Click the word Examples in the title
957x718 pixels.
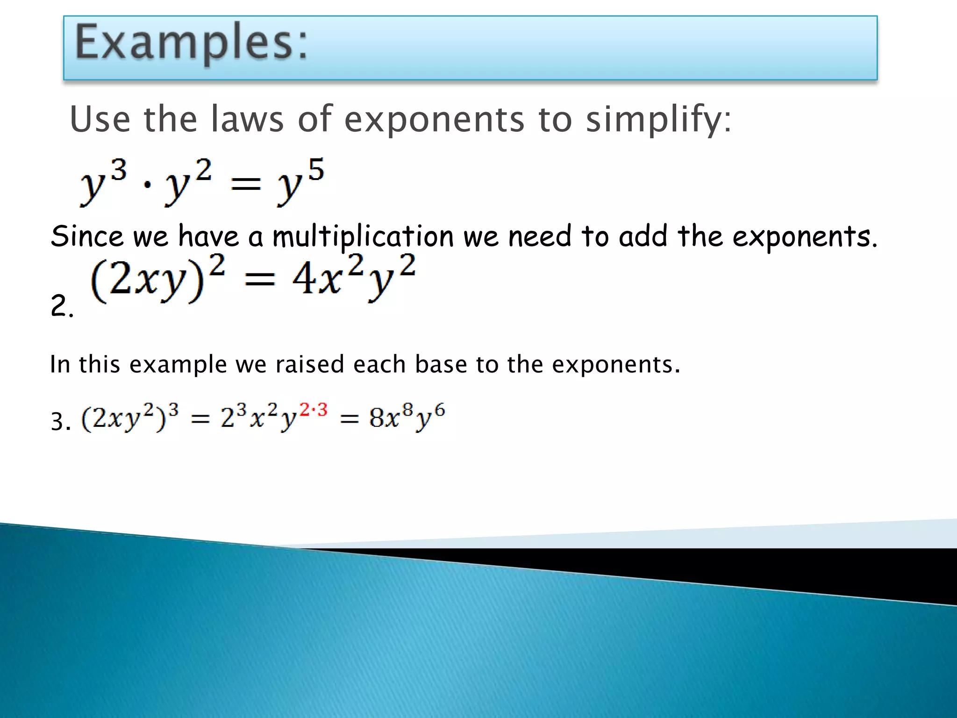coord(191,43)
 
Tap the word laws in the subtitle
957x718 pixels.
coord(247,119)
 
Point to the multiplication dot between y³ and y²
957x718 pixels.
coord(147,184)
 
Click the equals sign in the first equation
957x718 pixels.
coord(246,184)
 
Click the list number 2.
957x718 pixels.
coord(61,306)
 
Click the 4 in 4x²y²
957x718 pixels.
coord(304,279)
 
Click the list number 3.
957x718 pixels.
coord(60,422)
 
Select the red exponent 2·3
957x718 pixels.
coord(314,410)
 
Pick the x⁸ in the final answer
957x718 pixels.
coord(396,416)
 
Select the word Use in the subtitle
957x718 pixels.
coord(100,119)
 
